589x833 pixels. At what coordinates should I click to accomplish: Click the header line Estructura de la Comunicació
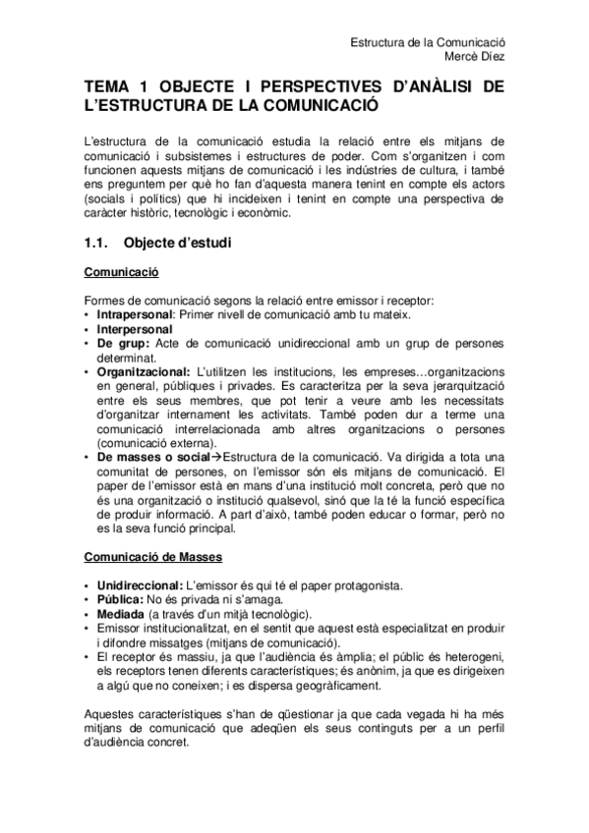[428, 42]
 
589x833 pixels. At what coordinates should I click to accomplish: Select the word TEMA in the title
[109, 87]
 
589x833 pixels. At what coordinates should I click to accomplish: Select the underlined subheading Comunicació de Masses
[152, 557]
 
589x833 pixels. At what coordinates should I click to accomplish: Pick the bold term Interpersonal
[134, 329]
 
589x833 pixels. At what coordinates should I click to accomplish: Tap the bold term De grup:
[123, 343]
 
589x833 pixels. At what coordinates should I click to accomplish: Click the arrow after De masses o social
[218, 457]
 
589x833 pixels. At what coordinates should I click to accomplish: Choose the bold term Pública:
[119, 599]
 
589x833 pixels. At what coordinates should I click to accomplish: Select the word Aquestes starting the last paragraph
[113, 713]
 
